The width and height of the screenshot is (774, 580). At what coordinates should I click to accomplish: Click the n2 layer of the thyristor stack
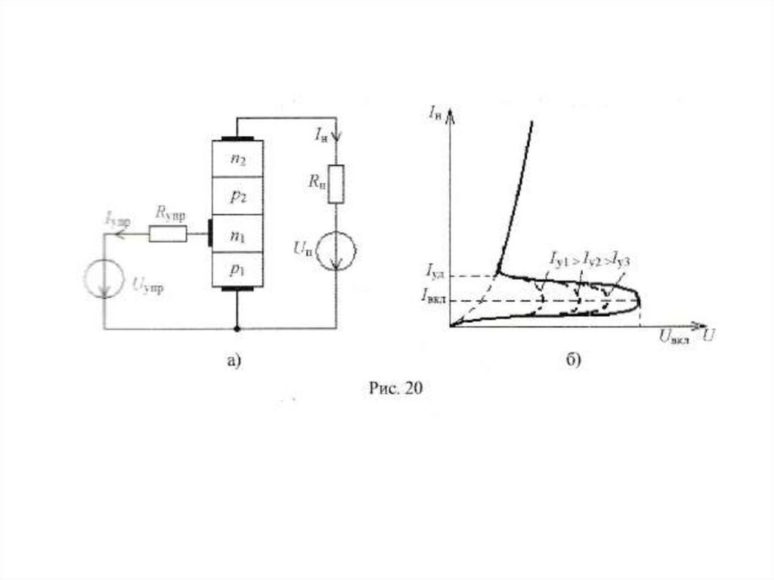(x=237, y=159)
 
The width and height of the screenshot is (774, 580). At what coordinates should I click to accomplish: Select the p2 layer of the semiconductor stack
(x=237, y=196)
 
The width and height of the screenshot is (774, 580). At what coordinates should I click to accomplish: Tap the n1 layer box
(x=237, y=235)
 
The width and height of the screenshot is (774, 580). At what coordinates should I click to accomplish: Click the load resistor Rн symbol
(x=336, y=184)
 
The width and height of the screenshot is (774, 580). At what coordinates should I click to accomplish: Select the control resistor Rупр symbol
(x=167, y=235)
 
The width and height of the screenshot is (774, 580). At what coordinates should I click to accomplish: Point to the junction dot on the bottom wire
(x=237, y=329)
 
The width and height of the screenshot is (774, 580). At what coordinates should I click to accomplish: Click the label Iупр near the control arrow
(x=117, y=220)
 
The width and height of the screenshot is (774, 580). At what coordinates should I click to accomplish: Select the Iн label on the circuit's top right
(x=321, y=135)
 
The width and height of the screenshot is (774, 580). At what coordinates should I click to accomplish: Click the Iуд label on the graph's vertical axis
(x=435, y=270)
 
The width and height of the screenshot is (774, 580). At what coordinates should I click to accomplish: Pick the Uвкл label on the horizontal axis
(x=673, y=339)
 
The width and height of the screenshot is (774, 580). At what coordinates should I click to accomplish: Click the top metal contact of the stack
(x=237, y=140)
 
